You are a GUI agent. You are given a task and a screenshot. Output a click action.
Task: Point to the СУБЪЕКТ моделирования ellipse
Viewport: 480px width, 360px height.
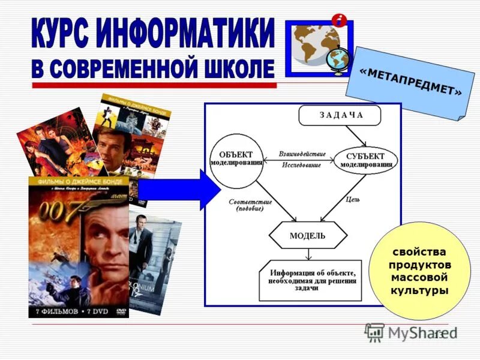click(365, 160)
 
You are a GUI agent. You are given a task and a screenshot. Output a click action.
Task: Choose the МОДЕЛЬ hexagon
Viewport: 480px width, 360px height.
click(307, 236)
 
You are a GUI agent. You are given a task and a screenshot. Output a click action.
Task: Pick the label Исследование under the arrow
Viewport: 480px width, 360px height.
click(301, 164)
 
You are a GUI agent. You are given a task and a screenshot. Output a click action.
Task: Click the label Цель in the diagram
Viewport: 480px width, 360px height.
click(353, 199)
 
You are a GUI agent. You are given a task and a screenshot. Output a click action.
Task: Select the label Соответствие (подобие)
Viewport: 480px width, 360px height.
click(250, 206)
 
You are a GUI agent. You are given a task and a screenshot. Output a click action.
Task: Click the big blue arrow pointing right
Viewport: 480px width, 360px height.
click(180, 190)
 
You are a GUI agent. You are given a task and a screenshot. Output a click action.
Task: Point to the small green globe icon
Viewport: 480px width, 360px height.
click(338, 58)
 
